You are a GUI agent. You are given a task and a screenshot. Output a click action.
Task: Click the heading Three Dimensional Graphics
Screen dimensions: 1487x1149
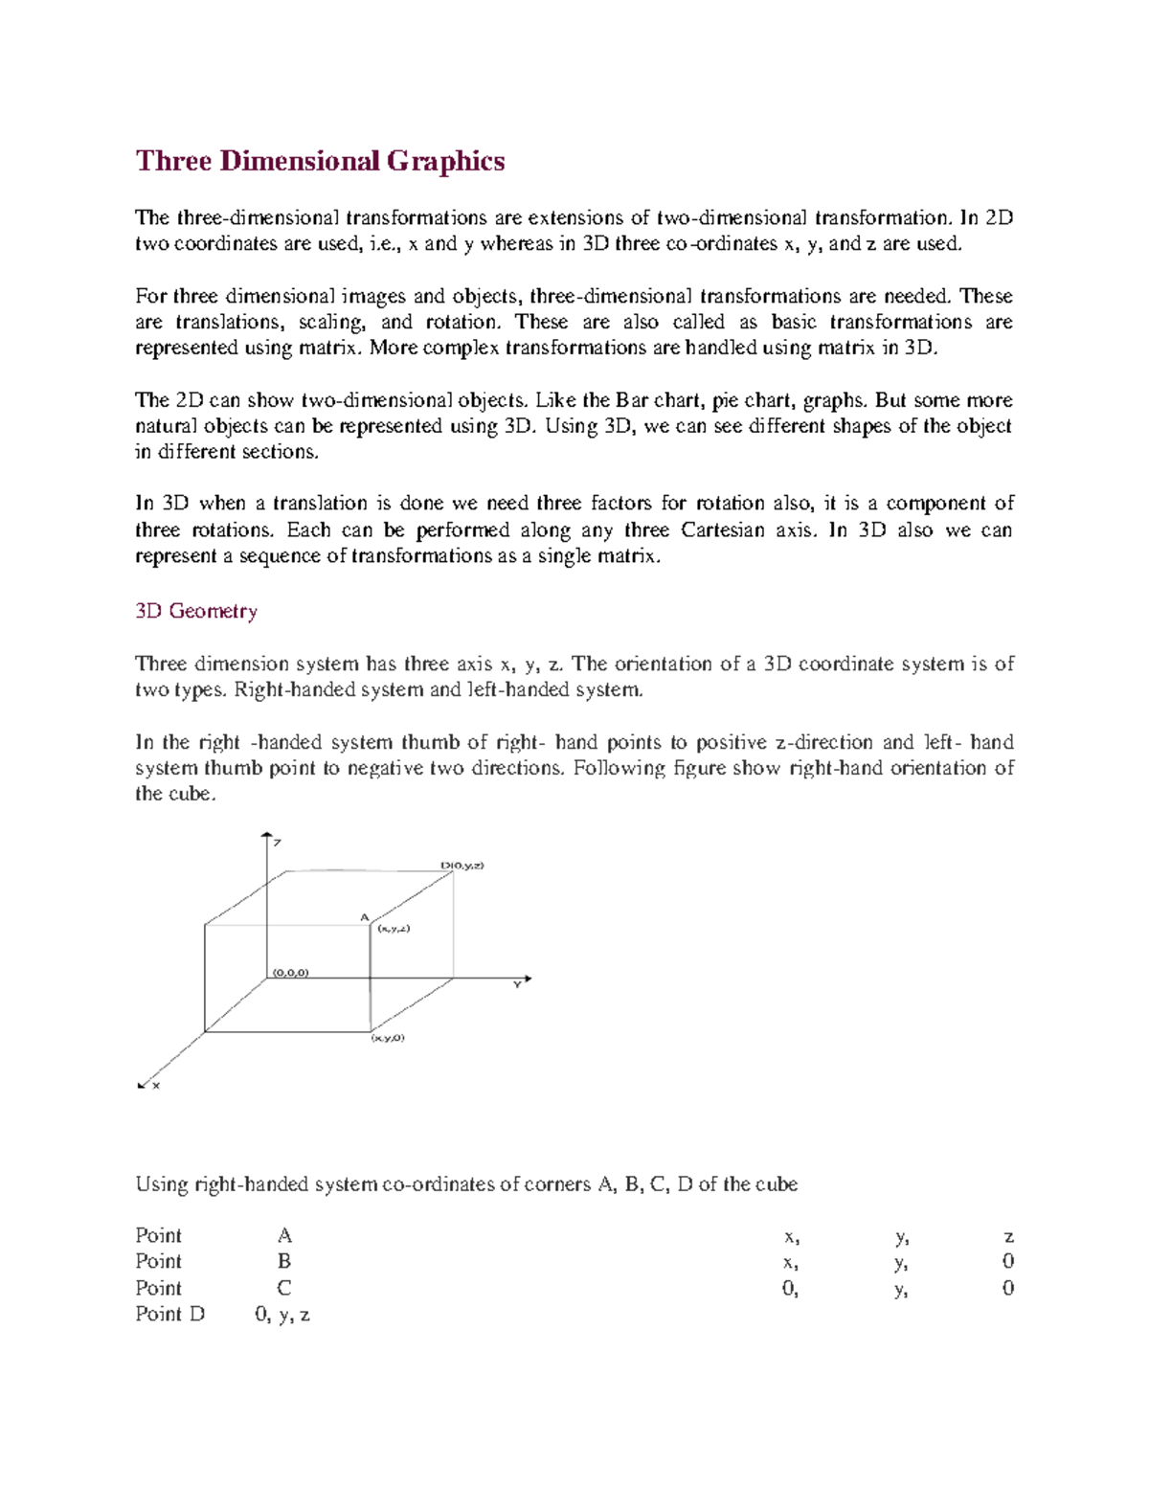click(x=320, y=161)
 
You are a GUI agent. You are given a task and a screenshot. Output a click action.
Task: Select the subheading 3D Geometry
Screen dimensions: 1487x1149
click(x=196, y=611)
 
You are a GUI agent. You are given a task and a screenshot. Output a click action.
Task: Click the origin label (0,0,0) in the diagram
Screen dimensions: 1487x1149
click(x=290, y=972)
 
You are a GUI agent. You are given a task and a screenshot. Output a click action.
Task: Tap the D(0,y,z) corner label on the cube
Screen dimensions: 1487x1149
click(x=462, y=865)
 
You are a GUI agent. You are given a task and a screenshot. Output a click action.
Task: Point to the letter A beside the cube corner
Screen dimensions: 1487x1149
click(x=364, y=917)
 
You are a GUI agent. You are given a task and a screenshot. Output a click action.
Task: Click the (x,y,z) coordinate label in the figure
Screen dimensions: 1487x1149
click(x=394, y=928)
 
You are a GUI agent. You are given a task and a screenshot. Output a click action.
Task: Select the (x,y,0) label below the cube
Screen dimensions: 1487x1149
click(x=388, y=1038)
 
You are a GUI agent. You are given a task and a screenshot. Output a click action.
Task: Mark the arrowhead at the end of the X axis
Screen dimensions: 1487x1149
click(x=142, y=1085)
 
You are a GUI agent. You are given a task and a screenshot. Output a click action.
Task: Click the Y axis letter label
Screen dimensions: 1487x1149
click(x=516, y=985)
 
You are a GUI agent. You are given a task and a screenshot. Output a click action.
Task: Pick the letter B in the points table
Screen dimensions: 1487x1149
click(x=283, y=1261)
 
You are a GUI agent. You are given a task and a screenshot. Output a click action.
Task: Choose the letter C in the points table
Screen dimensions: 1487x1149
click(x=283, y=1288)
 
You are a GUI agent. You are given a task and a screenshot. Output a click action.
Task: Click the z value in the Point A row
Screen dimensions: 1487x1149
click(x=1008, y=1236)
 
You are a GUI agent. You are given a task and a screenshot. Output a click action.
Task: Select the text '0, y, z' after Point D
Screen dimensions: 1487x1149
click(x=282, y=1315)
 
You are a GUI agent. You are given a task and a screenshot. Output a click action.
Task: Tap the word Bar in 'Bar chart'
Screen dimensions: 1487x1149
click(x=632, y=400)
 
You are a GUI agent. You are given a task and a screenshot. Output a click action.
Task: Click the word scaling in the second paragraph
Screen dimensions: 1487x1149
click(x=330, y=322)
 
